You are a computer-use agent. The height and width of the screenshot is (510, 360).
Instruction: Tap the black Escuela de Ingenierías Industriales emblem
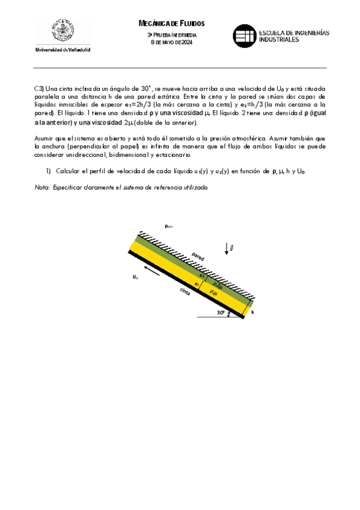[x=243, y=35]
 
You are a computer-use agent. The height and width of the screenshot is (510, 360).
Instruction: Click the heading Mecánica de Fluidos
[x=172, y=23]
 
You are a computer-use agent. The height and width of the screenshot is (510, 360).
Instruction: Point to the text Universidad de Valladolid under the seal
[x=63, y=49]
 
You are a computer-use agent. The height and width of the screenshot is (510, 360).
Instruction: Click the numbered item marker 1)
[x=49, y=171]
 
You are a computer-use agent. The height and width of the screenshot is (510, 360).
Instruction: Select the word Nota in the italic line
[x=42, y=188]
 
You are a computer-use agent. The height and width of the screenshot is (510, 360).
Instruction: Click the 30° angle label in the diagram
[x=221, y=313]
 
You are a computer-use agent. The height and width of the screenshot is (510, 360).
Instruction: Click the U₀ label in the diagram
[x=136, y=277]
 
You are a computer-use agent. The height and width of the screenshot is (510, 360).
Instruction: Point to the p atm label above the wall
[x=169, y=226]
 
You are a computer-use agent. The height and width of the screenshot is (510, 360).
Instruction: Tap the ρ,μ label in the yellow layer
[x=213, y=293]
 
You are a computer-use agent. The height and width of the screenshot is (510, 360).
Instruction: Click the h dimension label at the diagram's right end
[x=252, y=312]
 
